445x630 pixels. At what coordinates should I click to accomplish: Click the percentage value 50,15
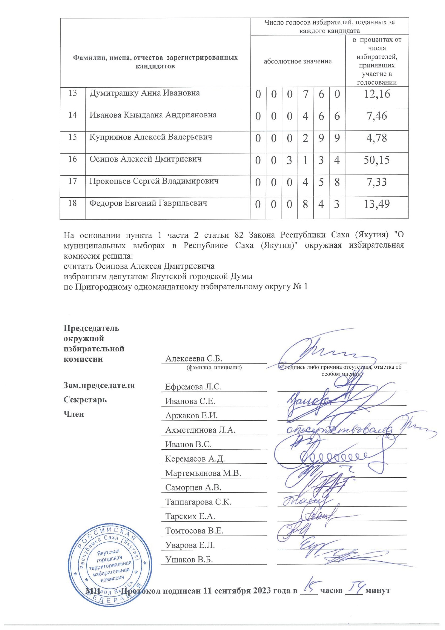(376, 160)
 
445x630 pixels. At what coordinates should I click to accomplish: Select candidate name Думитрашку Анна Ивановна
(145, 93)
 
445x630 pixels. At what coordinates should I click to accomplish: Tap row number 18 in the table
(72, 203)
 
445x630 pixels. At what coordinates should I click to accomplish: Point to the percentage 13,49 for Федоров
(376, 204)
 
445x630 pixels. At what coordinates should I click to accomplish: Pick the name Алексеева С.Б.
(193, 359)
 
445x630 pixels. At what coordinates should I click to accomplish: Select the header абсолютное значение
(297, 61)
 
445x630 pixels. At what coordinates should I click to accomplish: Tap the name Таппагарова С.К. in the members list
(198, 502)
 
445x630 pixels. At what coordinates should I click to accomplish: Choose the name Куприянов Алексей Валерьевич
(151, 137)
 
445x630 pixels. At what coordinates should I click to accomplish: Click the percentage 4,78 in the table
(376, 138)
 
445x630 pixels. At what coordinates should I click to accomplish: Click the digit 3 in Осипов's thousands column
(290, 160)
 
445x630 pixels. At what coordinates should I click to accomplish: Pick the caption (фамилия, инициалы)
(214, 367)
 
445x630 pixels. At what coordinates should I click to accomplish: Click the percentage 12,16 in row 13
(376, 94)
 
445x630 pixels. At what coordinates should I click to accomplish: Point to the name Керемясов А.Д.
(195, 458)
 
